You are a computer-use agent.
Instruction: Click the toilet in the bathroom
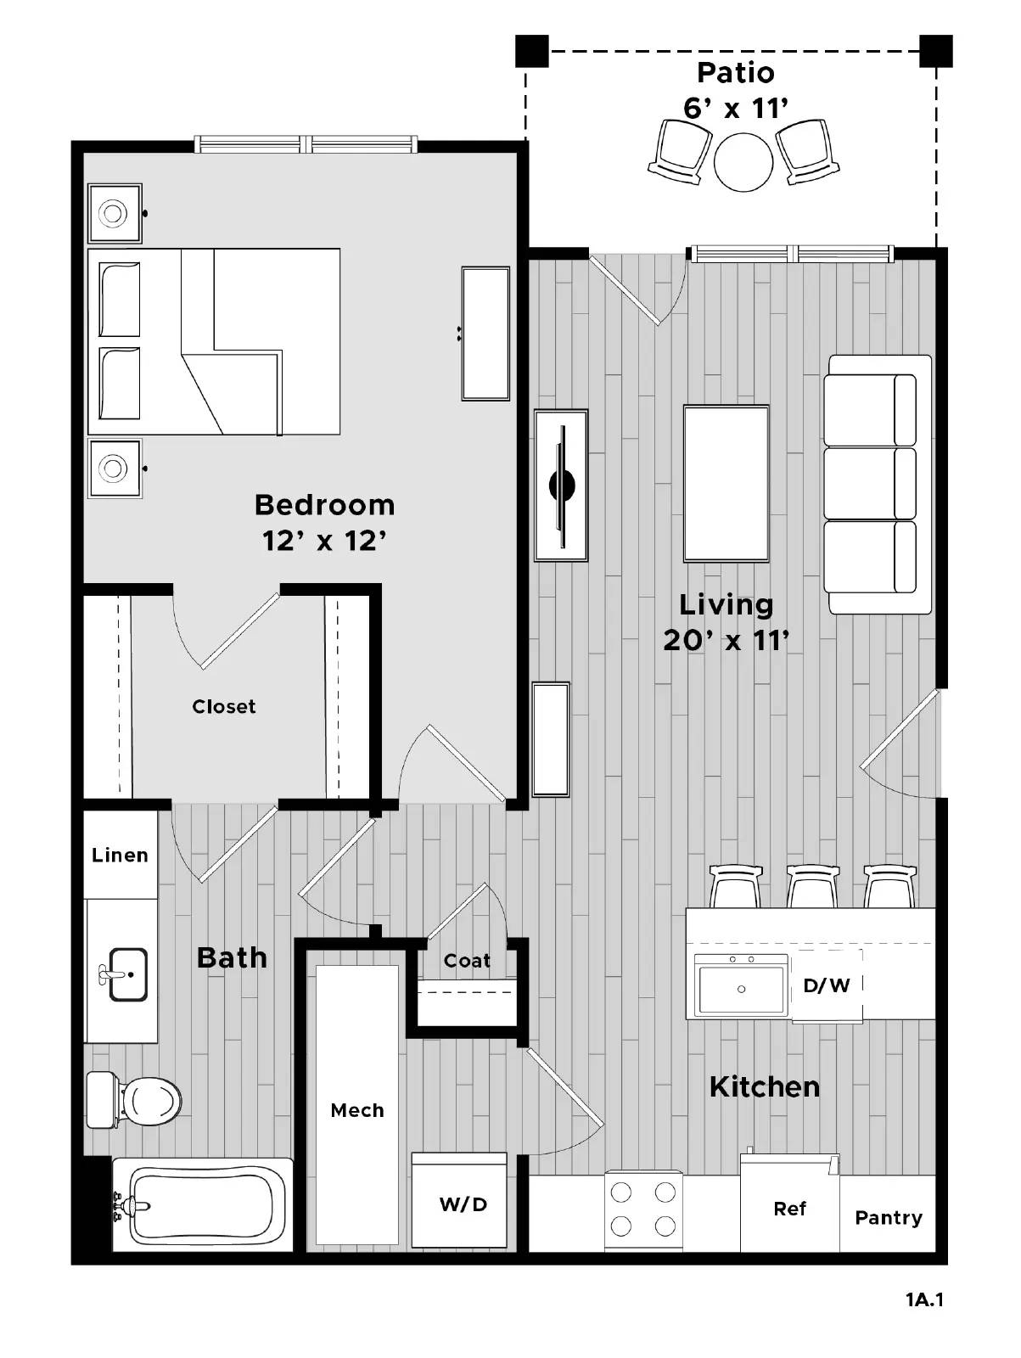(x=140, y=1101)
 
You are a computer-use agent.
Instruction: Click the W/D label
(x=463, y=1204)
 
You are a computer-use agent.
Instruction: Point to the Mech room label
(x=357, y=1110)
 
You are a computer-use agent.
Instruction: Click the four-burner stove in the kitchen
(x=643, y=1209)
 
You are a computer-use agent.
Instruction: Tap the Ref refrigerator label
(x=789, y=1209)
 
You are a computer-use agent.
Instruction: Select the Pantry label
(x=889, y=1218)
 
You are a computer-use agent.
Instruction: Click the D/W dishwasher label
(x=827, y=985)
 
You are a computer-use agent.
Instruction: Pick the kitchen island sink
(x=741, y=987)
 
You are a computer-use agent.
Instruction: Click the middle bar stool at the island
(x=813, y=886)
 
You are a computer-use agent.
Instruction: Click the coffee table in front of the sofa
(x=726, y=484)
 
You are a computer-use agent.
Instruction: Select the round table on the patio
(x=743, y=162)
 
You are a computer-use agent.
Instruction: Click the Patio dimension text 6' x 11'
(x=736, y=109)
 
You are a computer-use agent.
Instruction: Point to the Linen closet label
(x=120, y=855)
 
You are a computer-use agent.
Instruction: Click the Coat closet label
(x=467, y=961)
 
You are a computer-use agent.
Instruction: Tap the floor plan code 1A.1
(x=924, y=1299)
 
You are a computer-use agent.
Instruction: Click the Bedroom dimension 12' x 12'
(x=324, y=541)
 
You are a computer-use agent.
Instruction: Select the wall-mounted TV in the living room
(x=561, y=485)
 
